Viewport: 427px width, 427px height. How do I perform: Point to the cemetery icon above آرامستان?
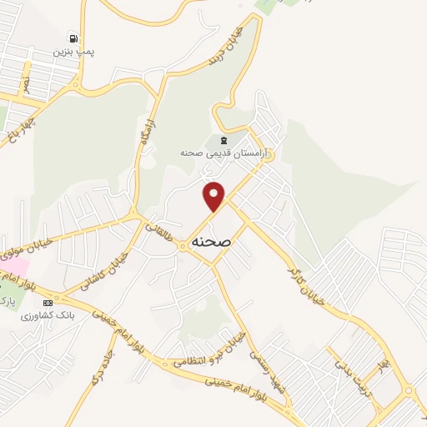[x=223, y=139]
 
